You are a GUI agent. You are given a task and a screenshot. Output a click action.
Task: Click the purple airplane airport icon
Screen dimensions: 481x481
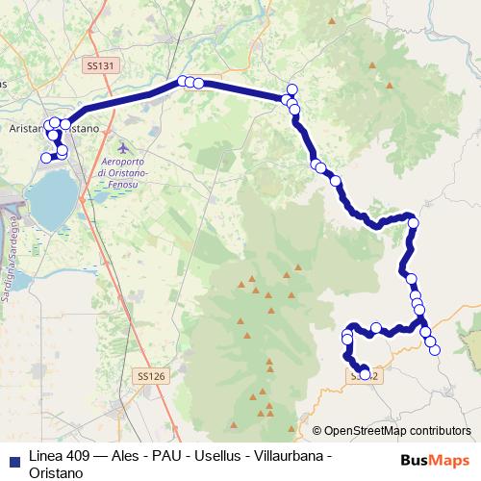pyautogui.click(x=119, y=147)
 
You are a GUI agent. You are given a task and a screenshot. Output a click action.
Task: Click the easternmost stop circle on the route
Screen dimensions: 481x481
pyautogui.click(x=434, y=350)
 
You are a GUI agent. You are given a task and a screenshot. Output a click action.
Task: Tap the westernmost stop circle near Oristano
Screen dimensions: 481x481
pyautogui.click(x=45, y=158)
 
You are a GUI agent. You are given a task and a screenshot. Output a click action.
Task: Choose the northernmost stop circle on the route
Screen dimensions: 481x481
pyautogui.click(x=292, y=89)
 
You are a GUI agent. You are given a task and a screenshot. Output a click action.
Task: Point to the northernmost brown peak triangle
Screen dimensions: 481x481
pyautogui.click(x=390, y=85)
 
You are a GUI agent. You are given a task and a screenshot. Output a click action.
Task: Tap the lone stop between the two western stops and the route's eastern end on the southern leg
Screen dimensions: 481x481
pyautogui.click(x=376, y=327)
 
